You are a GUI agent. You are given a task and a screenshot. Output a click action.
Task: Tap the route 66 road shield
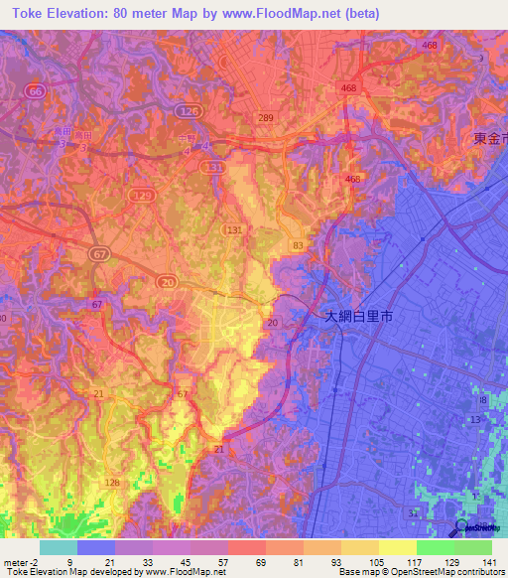(36, 90)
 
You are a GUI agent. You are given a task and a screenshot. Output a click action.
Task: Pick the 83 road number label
(297, 244)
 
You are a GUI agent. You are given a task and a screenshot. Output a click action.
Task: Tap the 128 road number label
(112, 483)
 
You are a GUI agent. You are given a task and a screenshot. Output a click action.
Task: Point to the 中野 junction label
(187, 140)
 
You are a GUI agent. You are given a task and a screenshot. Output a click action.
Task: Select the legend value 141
(491, 561)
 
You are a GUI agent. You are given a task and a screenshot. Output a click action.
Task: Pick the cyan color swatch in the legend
(59, 547)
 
